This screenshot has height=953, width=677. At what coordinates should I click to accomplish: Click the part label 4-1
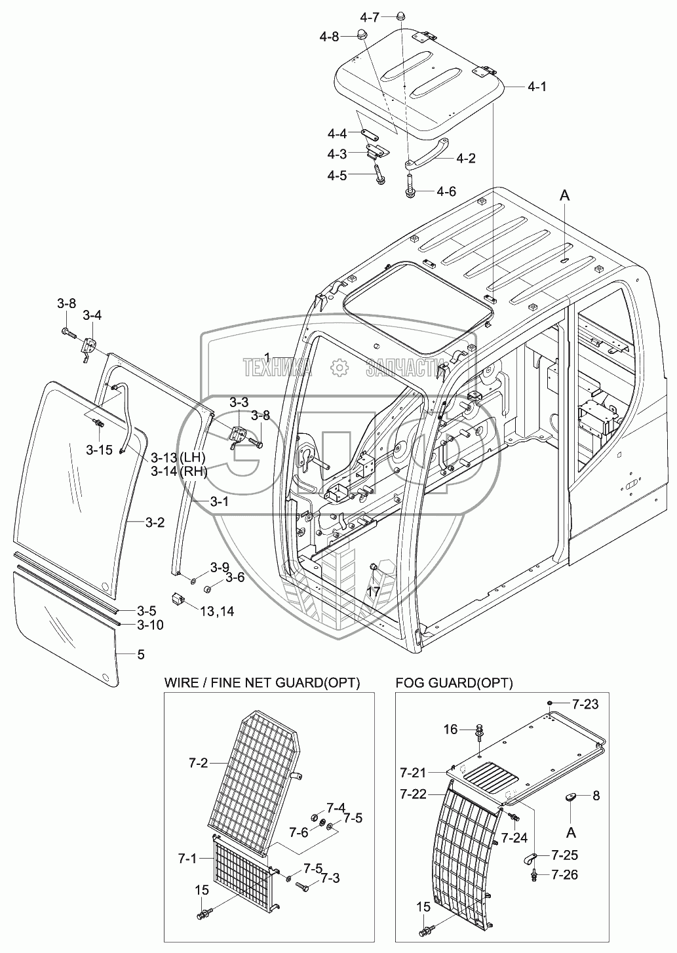[537, 86]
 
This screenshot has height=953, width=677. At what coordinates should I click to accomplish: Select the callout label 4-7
[373, 16]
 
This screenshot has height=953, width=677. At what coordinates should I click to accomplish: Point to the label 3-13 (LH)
[179, 457]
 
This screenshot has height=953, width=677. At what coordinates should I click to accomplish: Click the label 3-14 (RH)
[179, 471]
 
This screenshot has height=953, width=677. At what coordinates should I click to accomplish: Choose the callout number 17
[373, 591]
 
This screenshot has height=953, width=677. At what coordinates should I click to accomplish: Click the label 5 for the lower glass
[141, 654]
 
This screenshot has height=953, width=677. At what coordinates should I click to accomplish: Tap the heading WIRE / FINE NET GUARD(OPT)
[262, 682]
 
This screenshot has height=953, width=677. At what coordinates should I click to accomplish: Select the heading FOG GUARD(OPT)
[454, 682]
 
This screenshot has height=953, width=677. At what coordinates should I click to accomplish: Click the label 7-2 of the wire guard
[198, 763]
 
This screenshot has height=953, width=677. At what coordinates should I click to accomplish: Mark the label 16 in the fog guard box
[450, 729]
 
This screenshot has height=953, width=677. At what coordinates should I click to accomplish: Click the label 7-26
[564, 874]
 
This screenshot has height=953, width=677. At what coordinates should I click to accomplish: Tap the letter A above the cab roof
[564, 194]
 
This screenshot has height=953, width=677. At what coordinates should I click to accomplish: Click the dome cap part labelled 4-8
[360, 35]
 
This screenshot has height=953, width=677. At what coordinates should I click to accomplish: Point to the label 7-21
[413, 771]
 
